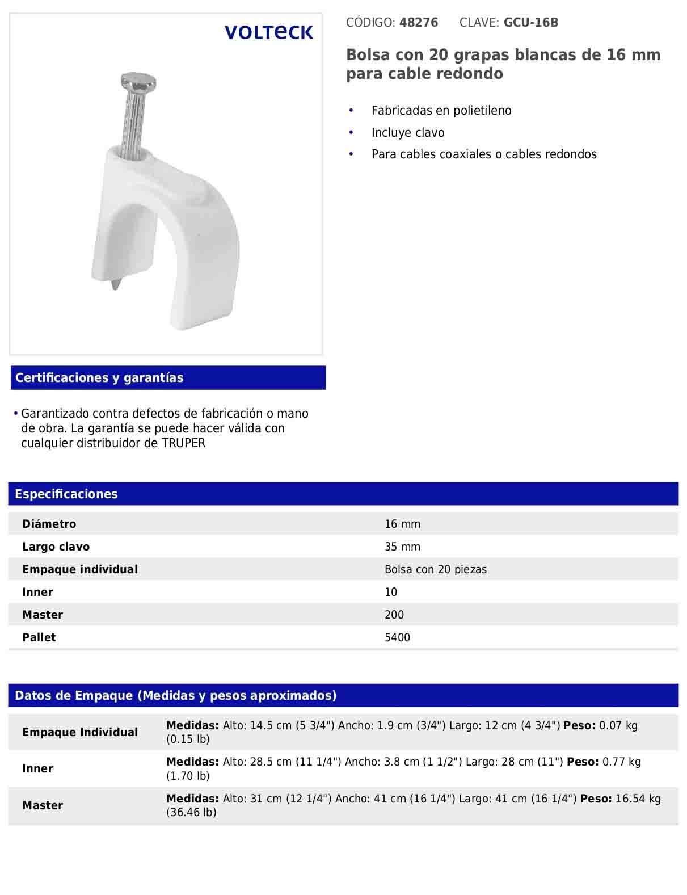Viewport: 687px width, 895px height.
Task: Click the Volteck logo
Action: tap(268, 32)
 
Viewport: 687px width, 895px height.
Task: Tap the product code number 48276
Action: tap(419, 23)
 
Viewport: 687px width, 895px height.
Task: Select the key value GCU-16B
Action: tap(531, 23)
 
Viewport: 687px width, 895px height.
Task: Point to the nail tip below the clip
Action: tap(116, 283)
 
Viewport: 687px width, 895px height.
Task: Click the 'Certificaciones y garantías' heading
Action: tap(99, 378)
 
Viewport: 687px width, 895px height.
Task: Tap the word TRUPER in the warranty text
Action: tap(183, 443)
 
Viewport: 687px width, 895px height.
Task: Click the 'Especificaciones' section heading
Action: tap(66, 494)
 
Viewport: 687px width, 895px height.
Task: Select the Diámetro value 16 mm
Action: tap(402, 524)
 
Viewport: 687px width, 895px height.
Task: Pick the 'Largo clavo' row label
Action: tap(56, 547)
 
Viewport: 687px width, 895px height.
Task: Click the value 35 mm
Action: tap(402, 547)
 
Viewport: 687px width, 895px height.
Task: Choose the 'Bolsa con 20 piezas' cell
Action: tap(435, 570)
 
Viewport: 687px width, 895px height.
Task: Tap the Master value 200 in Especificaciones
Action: tap(394, 615)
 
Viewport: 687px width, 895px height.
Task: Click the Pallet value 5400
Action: tap(397, 638)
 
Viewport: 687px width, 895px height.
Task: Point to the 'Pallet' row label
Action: tap(39, 638)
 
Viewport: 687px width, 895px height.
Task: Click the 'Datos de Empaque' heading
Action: tap(176, 696)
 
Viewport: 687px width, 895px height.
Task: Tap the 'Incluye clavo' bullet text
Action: tap(408, 133)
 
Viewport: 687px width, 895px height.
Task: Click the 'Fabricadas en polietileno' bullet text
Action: tap(441, 111)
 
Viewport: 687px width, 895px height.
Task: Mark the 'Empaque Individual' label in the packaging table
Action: tap(80, 733)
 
